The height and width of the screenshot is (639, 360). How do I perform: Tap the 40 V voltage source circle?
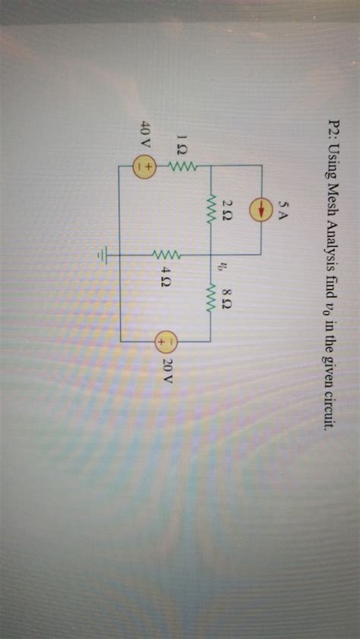tap(146, 166)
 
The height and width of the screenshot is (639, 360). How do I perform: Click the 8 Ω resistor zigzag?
tap(209, 298)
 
